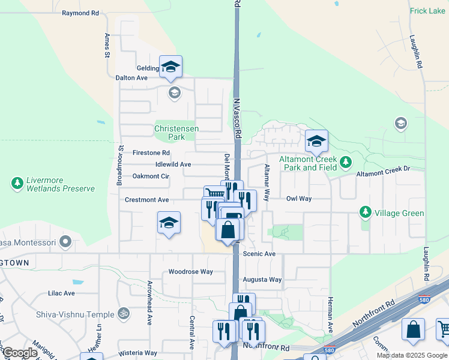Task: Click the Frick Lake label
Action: [x=427, y=11]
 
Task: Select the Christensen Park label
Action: [x=176, y=133]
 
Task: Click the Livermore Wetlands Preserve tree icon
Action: [x=17, y=182]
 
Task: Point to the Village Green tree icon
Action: [x=365, y=212]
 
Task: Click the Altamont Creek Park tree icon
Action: [x=345, y=161]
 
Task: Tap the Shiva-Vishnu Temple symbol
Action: [x=124, y=313]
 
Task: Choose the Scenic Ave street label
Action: [x=259, y=254]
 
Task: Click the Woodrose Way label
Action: [x=190, y=271]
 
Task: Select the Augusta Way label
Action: [x=262, y=280]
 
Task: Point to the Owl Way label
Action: [x=298, y=198]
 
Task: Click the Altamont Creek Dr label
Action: [x=383, y=173]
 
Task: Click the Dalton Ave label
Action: [x=131, y=77]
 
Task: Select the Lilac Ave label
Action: [x=61, y=293]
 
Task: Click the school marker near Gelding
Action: [x=170, y=67]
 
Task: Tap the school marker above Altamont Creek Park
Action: [x=316, y=142]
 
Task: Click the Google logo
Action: [x=20, y=353]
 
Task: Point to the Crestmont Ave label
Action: [x=146, y=199]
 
